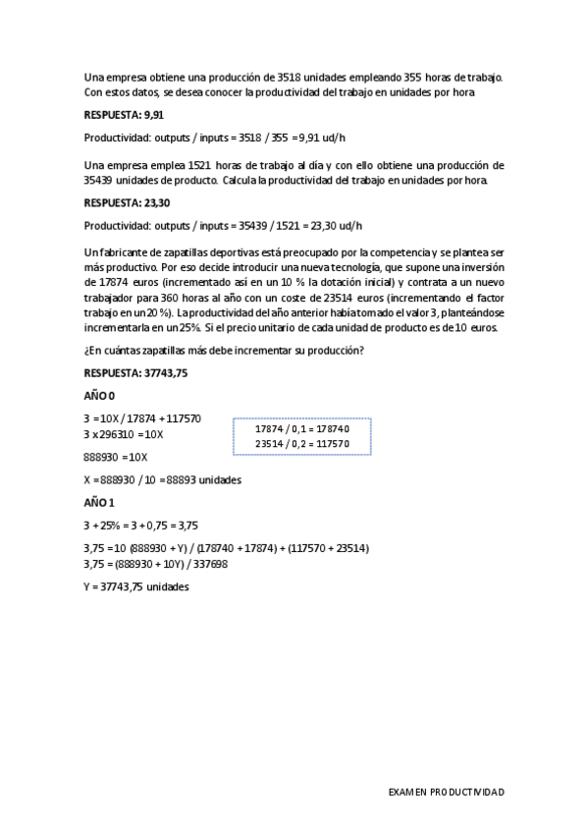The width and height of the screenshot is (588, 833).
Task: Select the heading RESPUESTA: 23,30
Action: [128, 204]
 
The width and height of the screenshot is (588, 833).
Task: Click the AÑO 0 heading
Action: [100, 397]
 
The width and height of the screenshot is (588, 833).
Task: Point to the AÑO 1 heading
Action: [100, 503]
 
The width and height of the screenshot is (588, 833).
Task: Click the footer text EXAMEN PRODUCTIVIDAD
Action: [446, 791]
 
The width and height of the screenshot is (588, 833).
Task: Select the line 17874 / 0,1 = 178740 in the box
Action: [301, 429]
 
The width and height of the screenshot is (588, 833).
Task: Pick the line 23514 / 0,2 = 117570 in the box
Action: [301, 444]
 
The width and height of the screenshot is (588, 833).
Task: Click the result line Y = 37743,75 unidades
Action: [136, 586]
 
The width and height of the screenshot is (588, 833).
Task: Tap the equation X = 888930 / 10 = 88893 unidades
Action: [163, 480]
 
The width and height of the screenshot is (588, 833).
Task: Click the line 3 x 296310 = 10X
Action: [125, 434]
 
